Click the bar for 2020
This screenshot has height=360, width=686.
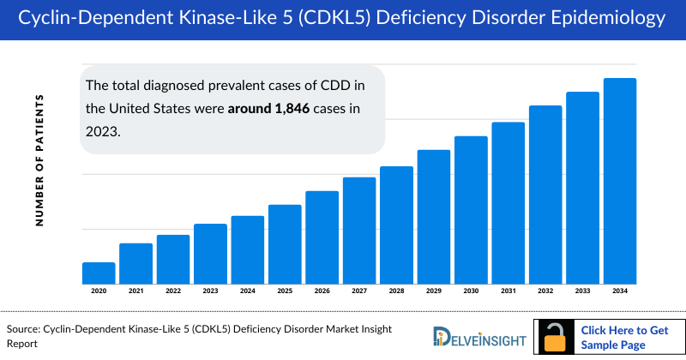[x=99, y=273]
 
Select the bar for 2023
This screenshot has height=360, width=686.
[x=210, y=254]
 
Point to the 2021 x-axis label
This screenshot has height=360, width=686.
[x=135, y=292]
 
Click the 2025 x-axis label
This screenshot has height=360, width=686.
[x=285, y=292]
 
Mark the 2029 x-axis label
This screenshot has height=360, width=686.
[x=434, y=292]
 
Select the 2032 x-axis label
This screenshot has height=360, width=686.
[x=545, y=292]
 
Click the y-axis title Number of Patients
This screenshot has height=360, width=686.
[x=39, y=161]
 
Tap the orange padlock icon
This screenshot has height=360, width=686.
[x=555, y=337]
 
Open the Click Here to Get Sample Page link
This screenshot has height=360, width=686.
[x=624, y=336]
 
